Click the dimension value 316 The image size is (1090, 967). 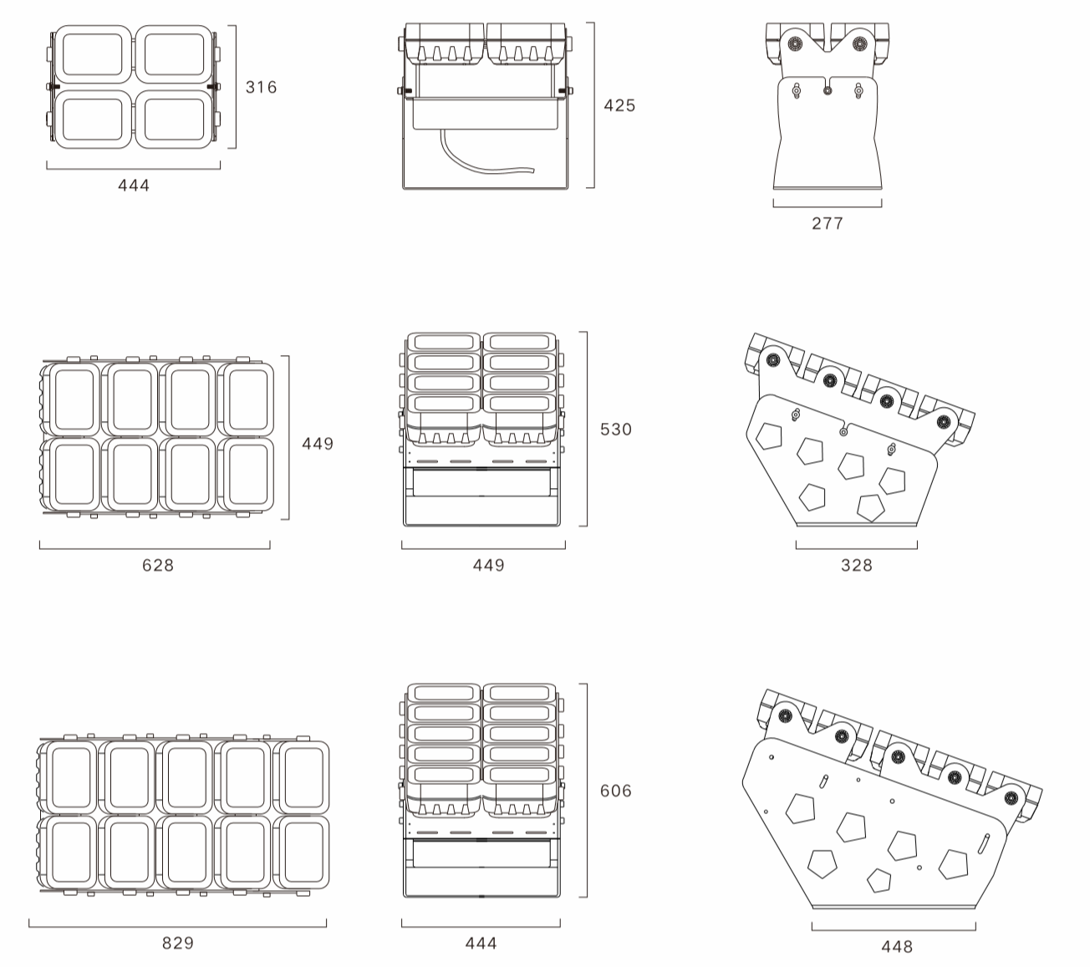tap(261, 87)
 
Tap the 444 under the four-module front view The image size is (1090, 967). tap(134, 186)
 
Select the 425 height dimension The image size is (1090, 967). tap(619, 105)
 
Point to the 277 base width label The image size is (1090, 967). tap(828, 223)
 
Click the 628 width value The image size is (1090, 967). tap(158, 565)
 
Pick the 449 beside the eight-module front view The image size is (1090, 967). tap(318, 444)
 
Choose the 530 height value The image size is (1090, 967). tap(616, 430)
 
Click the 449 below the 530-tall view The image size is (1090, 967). tap(489, 565)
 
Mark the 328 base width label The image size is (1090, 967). tap(857, 565)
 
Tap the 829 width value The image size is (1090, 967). tap(178, 943)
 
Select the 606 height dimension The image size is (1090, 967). tap(616, 791)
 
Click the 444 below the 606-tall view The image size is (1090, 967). tap(481, 943)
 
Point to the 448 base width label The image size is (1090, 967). tap(897, 946)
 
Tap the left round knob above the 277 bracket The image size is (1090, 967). tap(794, 44)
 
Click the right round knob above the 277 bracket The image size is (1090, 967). tap(858, 44)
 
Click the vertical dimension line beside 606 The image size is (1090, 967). tap(587, 791)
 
